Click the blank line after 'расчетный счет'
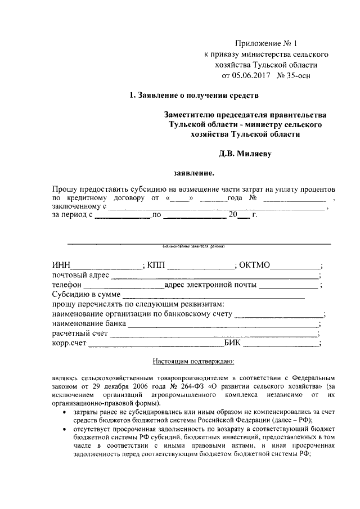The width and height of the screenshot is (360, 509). click(x=214, y=336)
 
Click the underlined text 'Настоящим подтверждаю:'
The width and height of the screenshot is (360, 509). click(x=193, y=362)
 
